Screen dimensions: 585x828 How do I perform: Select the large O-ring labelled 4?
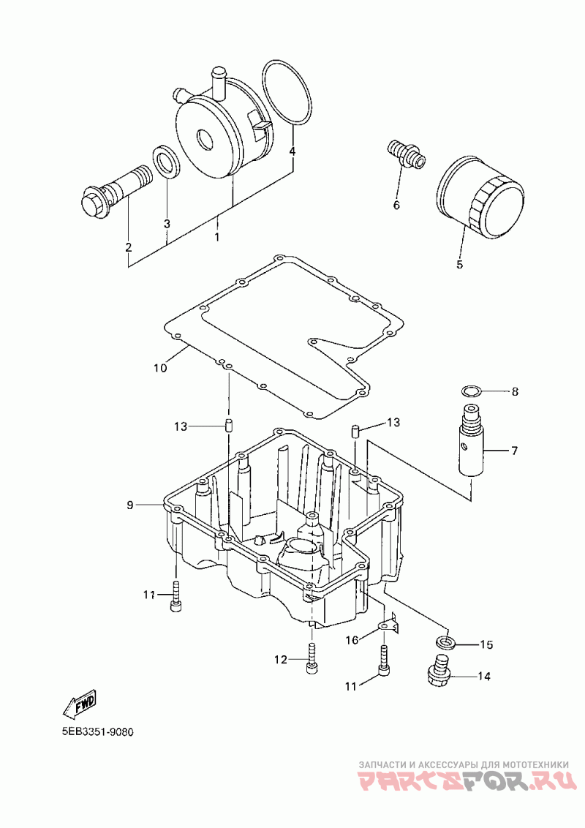coord(287,93)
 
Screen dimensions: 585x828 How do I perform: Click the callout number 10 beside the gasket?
coord(160,367)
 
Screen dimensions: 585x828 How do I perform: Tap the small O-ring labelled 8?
coord(471,391)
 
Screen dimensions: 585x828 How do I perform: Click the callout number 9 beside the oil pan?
coord(130,505)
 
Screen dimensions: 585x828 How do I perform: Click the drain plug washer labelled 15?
coord(446,643)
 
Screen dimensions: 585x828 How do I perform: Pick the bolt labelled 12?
coord(312,658)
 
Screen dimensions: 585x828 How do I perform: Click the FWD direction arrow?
coord(79,703)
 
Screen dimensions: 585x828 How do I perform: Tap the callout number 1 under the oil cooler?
coord(216,237)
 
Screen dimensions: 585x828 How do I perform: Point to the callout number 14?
coord(484,676)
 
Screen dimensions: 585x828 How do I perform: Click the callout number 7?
coord(514,451)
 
